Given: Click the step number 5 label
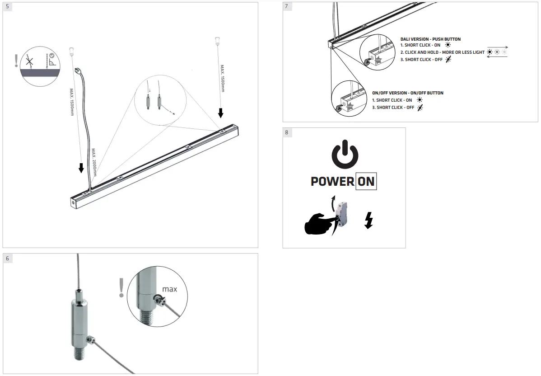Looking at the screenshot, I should (x=7, y=7).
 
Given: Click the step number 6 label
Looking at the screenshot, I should (x=7, y=258).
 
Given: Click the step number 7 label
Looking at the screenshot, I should (x=287, y=7).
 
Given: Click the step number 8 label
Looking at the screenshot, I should (x=287, y=132).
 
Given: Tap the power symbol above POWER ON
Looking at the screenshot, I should (x=345, y=154).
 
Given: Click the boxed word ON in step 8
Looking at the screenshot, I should (x=366, y=182).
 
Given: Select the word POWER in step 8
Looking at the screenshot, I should (x=332, y=182).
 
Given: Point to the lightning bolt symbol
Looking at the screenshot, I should (x=368, y=221).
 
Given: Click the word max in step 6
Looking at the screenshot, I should (x=170, y=289).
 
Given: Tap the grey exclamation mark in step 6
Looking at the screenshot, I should (x=121, y=288).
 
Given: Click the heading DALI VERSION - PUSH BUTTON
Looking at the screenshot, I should (x=430, y=39).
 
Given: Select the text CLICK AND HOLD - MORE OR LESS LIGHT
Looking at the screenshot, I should (x=444, y=52).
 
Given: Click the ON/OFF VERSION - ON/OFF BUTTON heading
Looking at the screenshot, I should (x=407, y=93).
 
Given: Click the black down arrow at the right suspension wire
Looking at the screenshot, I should (x=221, y=113).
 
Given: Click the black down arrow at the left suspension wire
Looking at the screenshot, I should (x=81, y=168).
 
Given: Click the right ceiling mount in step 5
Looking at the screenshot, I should (x=217, y=41).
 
